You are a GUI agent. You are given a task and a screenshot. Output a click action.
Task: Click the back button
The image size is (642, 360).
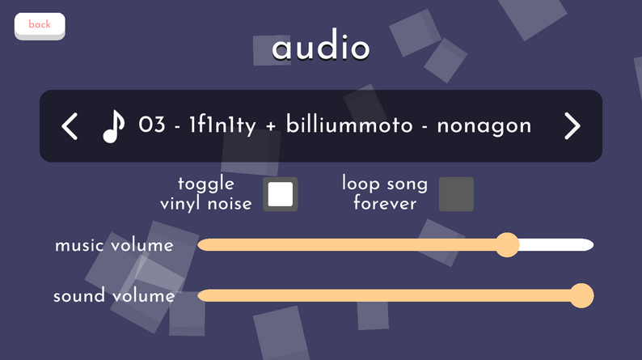(x=40, y=26)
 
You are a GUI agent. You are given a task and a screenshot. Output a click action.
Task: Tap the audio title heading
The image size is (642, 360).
(x=320, y=45)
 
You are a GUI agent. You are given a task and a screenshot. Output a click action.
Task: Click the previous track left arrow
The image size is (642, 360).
(x=70, y=126)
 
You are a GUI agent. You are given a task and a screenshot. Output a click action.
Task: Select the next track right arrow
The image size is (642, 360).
(x=572, y=126)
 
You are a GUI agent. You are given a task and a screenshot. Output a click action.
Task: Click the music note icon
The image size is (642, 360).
(x=113, y=126)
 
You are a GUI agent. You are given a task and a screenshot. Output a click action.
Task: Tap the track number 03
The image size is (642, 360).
(x=152, y=124)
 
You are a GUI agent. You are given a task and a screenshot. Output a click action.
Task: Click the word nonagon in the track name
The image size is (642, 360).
(x=484, y=126)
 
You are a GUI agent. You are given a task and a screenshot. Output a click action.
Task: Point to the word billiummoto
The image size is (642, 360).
(x=349, y=124)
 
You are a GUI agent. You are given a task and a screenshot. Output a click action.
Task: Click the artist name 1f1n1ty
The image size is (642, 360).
(x=222, y=125)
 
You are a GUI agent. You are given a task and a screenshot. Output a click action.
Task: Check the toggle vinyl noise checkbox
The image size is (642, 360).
(x=281, y=194)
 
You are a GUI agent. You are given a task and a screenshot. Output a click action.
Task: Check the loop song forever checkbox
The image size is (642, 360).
(x=456, y=194)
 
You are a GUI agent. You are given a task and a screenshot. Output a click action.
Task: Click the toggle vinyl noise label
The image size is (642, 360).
(x=205, y=193)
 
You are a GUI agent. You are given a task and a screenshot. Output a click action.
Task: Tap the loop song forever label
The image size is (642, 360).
(x=385, y=193)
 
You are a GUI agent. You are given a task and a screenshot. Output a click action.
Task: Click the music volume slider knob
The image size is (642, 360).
(x=507, y=245)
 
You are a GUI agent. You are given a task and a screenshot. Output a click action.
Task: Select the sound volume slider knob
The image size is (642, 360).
(x=581, y=295)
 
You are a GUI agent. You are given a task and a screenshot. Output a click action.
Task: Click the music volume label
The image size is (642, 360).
(x=114, y=245)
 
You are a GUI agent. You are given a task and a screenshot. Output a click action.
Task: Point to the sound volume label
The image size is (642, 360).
(x=114, y=295)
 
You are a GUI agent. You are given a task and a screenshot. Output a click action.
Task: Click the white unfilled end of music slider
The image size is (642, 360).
(x=556, y=245)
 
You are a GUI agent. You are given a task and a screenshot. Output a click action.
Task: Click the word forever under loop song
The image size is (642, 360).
(x=385, y=203)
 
